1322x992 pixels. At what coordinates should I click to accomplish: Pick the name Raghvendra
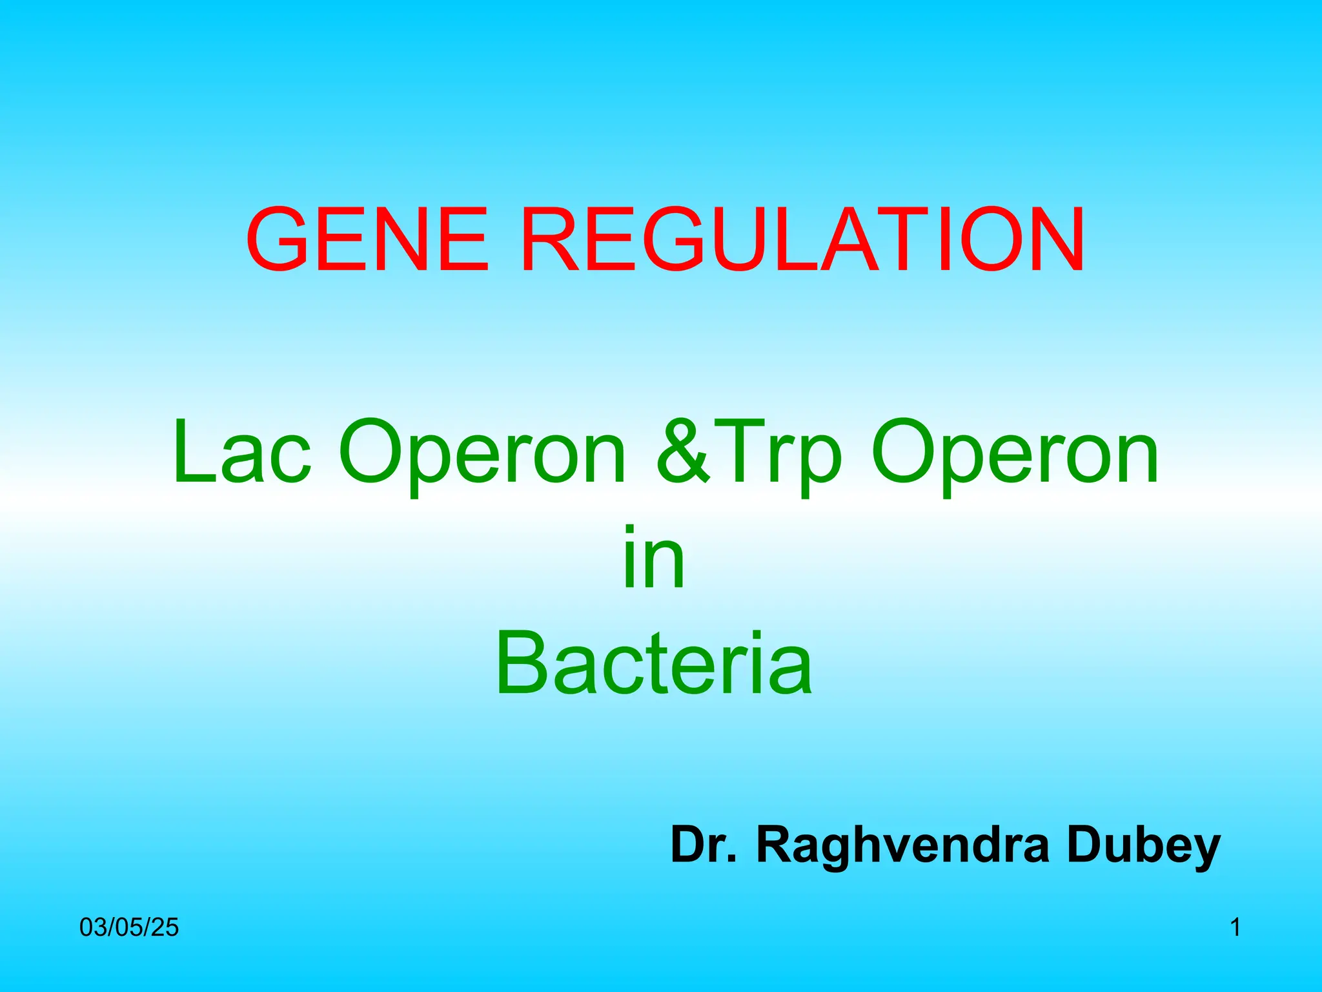903,846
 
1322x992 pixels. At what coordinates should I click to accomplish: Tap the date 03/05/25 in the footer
129,927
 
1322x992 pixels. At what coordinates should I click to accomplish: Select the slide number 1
1235,927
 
